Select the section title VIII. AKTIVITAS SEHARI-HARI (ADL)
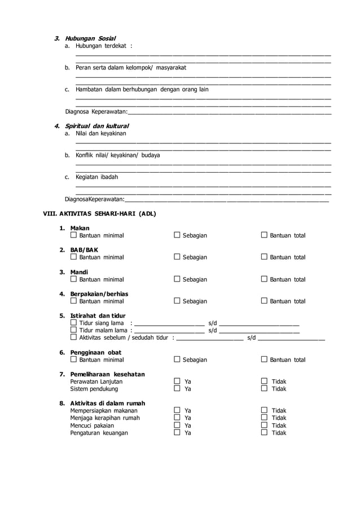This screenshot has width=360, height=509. (99, 214)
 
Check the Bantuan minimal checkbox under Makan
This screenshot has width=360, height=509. (73, 235)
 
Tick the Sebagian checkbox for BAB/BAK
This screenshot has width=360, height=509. (177, 257)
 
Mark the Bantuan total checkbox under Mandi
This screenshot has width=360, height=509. (264, 279)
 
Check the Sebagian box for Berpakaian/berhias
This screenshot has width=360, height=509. (177, 301)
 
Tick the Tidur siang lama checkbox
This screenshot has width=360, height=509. (73, 323)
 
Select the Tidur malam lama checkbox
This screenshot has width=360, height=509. (73, 330)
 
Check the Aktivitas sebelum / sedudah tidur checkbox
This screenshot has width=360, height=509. (73, 337)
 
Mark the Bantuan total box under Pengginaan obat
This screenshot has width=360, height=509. (264, 359)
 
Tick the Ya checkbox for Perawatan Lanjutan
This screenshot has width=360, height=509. (177, 381)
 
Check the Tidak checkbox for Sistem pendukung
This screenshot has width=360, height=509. (264, 389)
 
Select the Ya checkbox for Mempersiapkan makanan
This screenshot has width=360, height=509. (177, 411)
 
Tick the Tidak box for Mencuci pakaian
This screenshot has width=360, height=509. (264, 425)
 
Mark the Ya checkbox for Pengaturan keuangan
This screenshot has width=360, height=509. (177, 433)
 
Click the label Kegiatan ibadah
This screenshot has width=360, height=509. (96, 177)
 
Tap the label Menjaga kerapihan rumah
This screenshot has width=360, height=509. (104, 418)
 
